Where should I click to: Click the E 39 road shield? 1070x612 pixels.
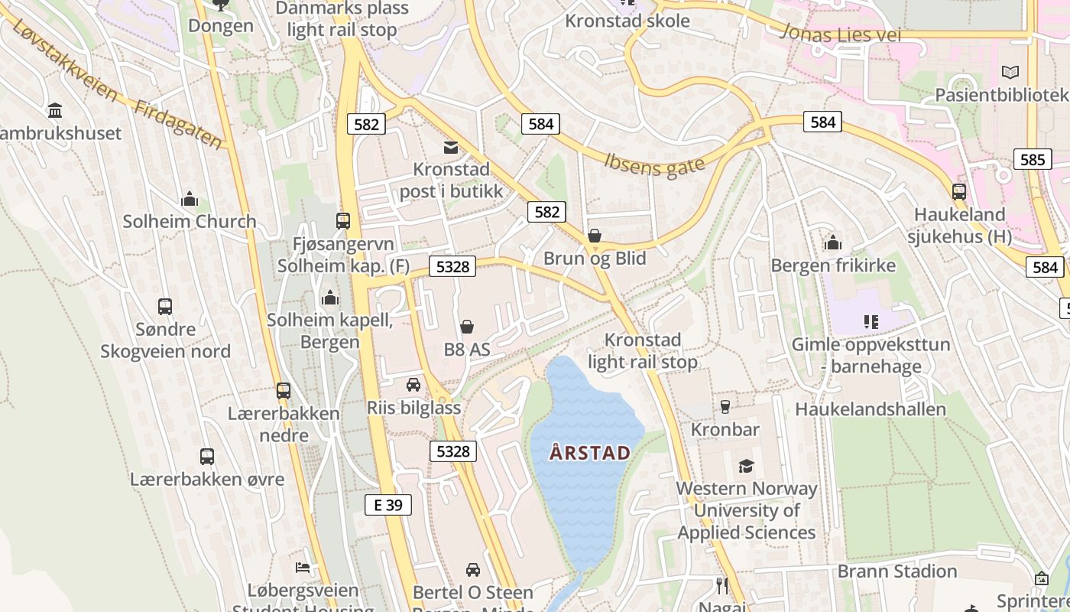point(388,505)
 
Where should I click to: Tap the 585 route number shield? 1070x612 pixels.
point(1032,160)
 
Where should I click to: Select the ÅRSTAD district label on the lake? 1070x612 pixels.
point(590,453)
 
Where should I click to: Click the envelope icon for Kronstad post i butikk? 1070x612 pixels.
point(451,148)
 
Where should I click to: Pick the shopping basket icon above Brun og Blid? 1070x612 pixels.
point(595,236)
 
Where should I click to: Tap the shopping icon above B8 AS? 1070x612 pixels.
point(467,327)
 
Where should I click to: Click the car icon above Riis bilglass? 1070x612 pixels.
point(413,385)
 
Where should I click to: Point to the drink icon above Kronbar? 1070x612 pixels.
point(725,407)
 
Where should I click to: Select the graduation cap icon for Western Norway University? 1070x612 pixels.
point(746,466)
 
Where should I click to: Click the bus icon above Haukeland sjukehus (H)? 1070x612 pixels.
point(959,192)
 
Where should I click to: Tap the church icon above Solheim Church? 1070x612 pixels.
point(190,200)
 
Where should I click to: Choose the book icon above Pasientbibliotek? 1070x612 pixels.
point(1010,73)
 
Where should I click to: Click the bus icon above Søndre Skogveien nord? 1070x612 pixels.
point(165,307)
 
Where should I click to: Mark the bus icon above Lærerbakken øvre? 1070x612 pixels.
point(207,457)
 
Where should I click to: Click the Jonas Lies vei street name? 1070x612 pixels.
point(840,34)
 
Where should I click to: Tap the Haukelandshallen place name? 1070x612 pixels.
point(871,409)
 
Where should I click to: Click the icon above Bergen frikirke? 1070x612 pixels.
point(833,243)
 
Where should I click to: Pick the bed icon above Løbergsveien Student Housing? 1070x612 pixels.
point(303,568)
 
